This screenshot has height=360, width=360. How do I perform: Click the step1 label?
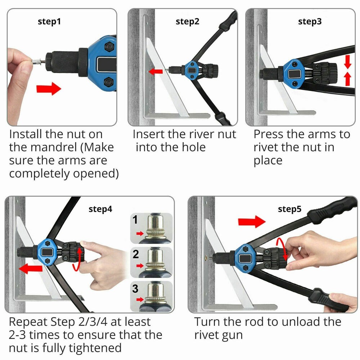pyautogui.click(x=49, y=22)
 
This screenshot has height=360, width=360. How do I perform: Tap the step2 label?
pyautogui.click(x=187, y=22)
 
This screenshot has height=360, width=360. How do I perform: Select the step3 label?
pyautogui.click(x=310, y=22)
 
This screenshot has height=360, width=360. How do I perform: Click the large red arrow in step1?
pyautogui.click(x=49, y=88)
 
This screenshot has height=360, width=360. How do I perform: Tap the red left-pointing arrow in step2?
pyautogui.click(x=156, y=72)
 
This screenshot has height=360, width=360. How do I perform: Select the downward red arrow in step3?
pyautogui.click(x=347, y=62)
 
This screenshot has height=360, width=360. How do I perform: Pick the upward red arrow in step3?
pyautogui.click(x=347, y=78)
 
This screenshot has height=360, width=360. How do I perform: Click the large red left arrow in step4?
pyautogui.click(x=31, y=268)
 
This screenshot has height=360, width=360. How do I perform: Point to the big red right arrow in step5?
pyautogui.click(x=252, y=221)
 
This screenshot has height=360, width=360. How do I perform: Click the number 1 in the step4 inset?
pyautogui.click(x=135, y=220)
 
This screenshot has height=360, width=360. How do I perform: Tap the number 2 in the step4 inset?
pyautogui.click(x=136, y=255)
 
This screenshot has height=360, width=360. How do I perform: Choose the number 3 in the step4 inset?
pyautogui.click(x=135, y=289)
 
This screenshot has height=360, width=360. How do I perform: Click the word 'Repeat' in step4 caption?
pyautogui.click(x=32, y=321)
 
